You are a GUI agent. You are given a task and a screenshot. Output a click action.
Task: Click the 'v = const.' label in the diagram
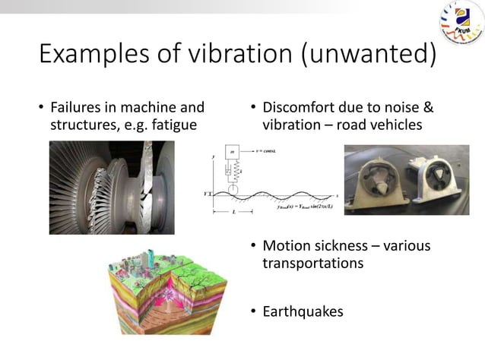265,150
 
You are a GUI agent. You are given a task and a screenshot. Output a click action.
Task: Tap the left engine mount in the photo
376,181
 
